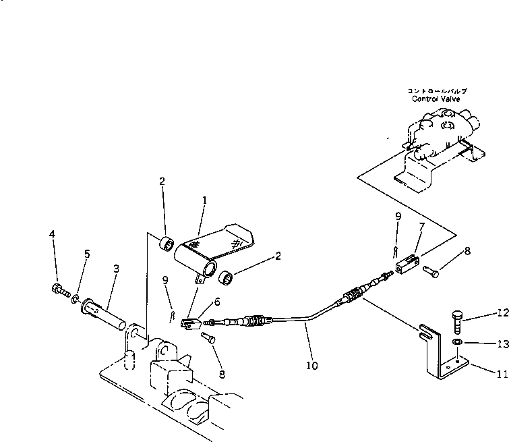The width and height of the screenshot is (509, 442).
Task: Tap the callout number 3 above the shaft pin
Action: coord(116,268)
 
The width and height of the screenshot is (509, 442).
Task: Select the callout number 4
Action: coord(52,234)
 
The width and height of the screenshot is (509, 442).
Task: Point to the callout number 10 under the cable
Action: coord(311,366)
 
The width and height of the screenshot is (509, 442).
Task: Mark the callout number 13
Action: coord(500,343)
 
